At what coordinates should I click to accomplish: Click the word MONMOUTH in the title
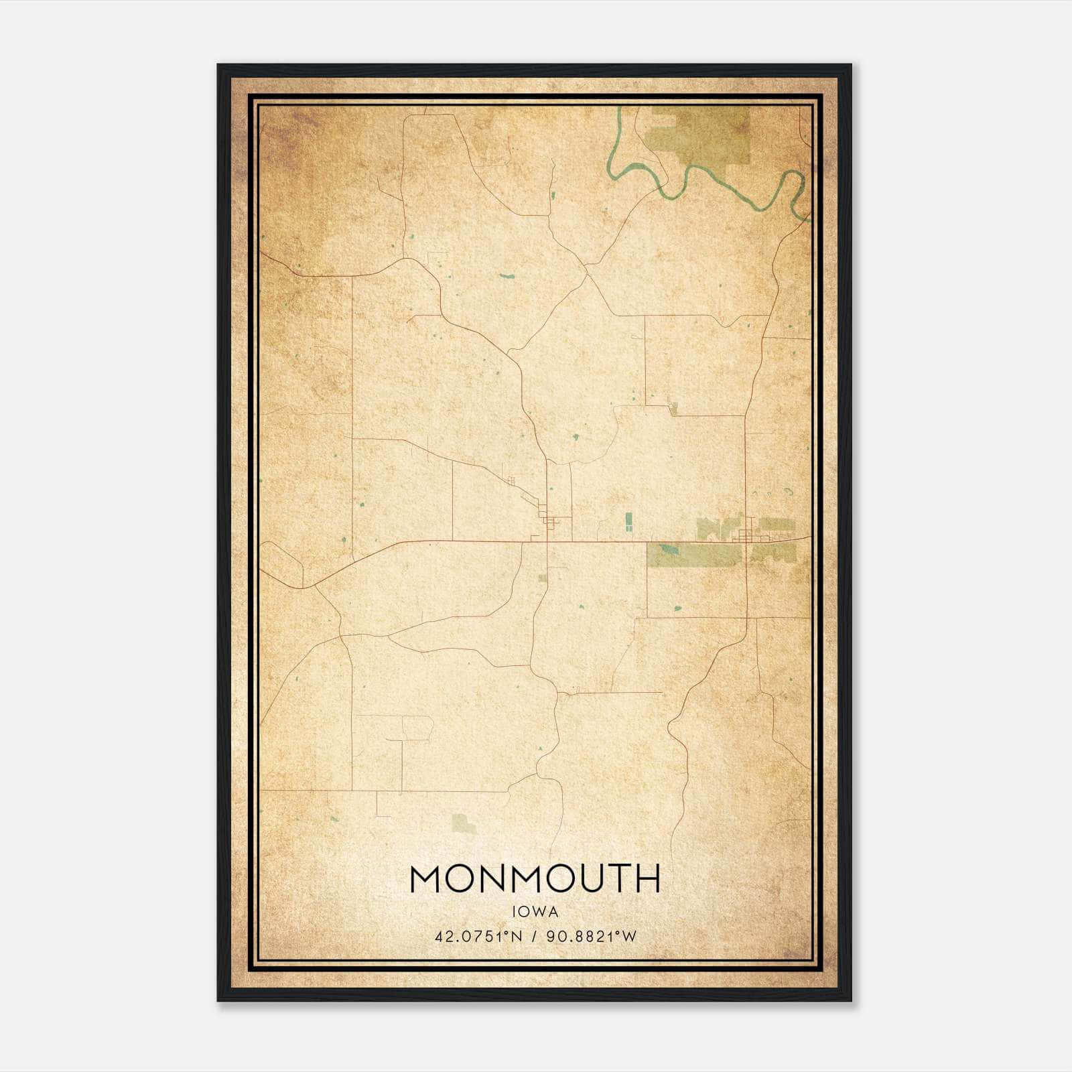(x=535, y=879)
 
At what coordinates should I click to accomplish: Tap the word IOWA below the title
(x=535, y=912)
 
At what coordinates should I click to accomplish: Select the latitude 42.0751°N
(x=478, y=937)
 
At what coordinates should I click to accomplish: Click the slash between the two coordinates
(x=535, y=937)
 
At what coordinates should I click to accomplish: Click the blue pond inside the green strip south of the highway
(x=667, y=551)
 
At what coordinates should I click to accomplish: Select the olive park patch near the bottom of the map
(x=462, y=823)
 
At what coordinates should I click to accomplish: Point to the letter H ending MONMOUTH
(x=648, y=879)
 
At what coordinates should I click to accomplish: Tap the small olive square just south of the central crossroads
(x=543, y=578)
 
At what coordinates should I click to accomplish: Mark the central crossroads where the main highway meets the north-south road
(x=548, y=540)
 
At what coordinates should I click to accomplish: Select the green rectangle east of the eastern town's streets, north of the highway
(x=777, y=525)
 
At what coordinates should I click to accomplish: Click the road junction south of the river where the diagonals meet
(x=586, y=269)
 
